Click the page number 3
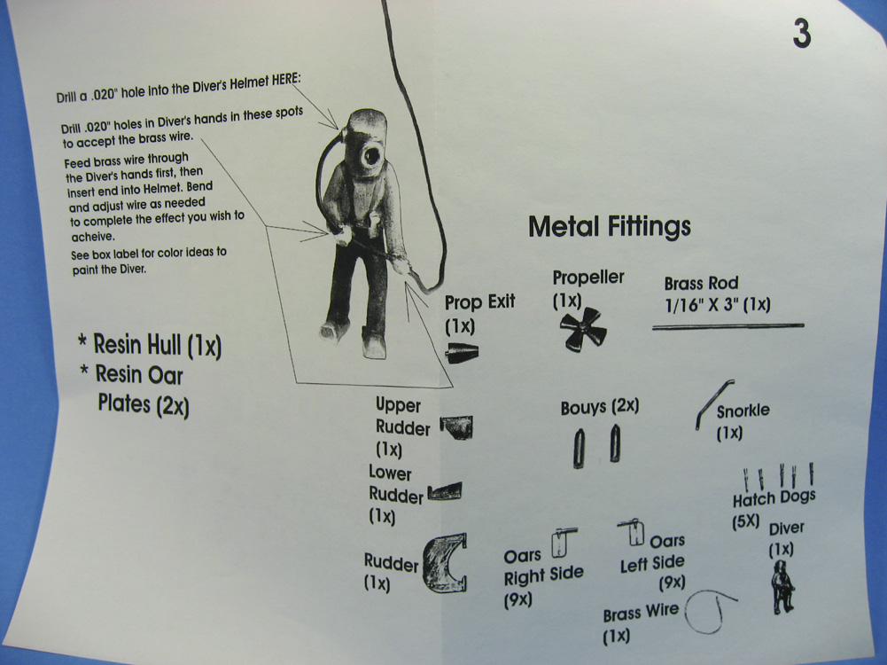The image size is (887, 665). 801,33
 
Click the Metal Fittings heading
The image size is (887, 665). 609,227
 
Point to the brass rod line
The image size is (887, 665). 727,326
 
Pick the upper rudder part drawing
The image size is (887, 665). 456,426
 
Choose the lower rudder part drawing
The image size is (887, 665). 445,491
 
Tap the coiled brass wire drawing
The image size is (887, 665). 710,611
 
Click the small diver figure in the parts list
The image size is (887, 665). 782,586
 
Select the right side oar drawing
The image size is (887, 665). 563,541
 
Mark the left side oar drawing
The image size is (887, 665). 631,533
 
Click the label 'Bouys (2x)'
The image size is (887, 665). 599,408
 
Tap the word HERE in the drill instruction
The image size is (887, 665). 283,77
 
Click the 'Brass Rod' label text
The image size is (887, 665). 701,284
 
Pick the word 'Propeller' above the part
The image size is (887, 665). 588,278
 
